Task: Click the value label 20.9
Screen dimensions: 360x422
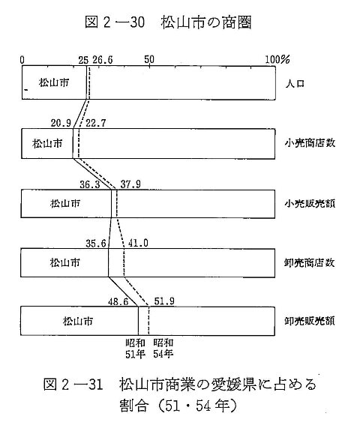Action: tap(61, 123)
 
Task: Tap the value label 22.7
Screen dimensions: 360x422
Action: tap(96, 123)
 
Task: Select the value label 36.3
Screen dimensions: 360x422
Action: tap(90, 184)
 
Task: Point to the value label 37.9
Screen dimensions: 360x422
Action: tap(130, 184)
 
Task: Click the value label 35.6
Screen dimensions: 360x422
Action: tap(96, 244)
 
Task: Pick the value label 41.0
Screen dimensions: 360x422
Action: tap(138, 243)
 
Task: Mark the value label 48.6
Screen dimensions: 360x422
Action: tap(118, 301)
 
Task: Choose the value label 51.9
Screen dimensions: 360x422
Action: tap(164, 301)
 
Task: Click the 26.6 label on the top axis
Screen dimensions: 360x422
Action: tap(103, 60)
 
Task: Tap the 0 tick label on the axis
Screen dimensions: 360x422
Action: tap(22, 60)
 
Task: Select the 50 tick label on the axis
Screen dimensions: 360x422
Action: tap(149, 59)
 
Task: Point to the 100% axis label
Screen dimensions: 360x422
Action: tap(277, 59)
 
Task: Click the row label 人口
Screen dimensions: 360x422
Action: tap(295, 83)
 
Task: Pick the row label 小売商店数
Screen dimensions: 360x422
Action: tap(310, 142)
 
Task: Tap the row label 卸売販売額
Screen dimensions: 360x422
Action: tap(310, 321)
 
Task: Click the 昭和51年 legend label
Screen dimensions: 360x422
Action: tap(136, 349)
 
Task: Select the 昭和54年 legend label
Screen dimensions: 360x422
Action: tap(163, 349)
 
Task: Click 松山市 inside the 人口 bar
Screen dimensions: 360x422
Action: tap(54, 82)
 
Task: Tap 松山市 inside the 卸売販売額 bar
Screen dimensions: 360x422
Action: tap(78, 321)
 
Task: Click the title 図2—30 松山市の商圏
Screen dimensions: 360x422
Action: tap(168, 22)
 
